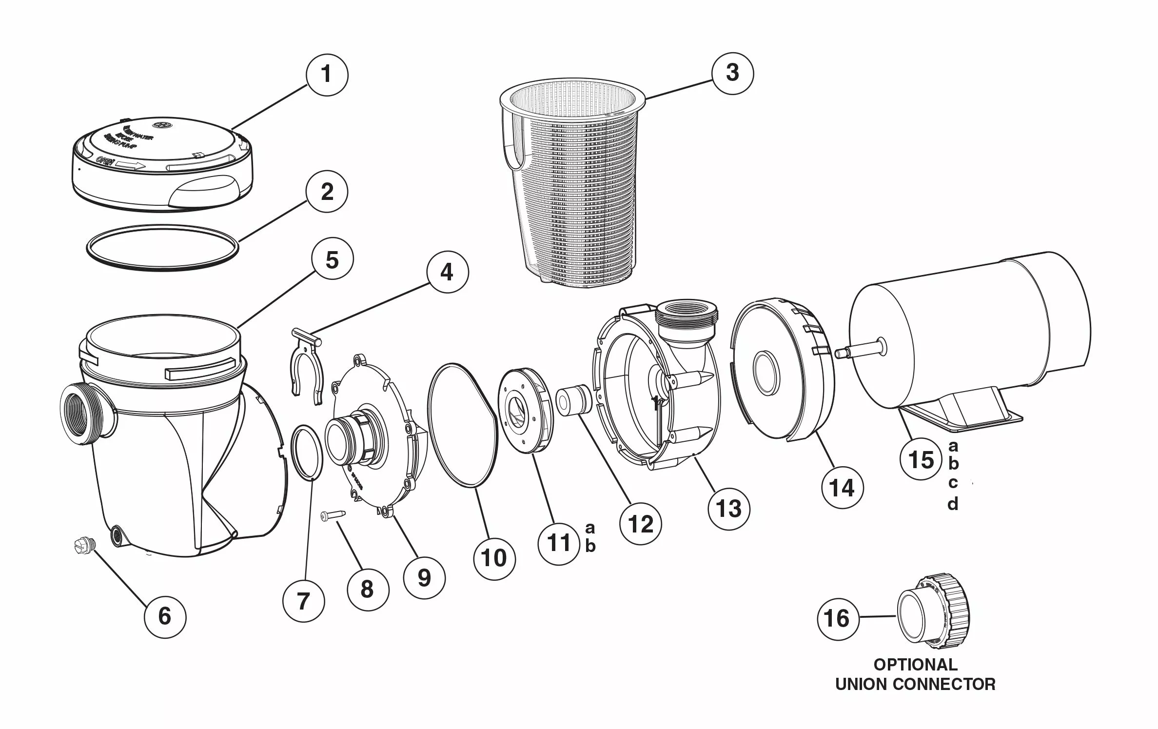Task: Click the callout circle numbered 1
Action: pos(327,75)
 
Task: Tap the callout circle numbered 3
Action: pos(732,73)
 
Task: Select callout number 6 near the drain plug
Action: pos(165,616)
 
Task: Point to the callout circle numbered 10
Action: pos(494,558)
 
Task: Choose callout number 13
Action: pos(729,509)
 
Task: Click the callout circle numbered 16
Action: pos(837,619)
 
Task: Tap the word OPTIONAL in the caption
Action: pos(915,665)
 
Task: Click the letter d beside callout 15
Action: pos(953,504)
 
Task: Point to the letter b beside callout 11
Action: pos(590,546)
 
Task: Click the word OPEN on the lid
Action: pos(104,161)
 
